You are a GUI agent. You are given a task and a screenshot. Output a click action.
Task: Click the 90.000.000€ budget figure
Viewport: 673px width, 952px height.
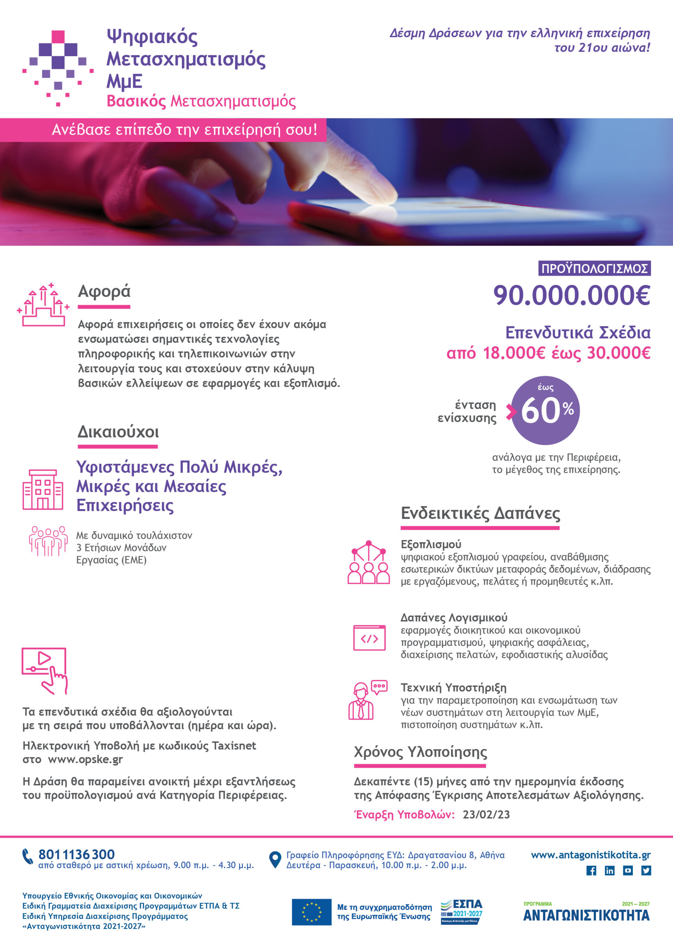(x=571, y=296)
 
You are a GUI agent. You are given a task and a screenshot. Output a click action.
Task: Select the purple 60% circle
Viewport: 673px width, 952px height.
(x=545, y=411)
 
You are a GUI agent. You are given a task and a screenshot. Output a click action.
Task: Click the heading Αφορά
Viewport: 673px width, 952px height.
(x=104, y=291)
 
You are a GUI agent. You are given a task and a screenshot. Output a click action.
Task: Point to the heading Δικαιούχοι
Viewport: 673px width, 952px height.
(x=118, y=432)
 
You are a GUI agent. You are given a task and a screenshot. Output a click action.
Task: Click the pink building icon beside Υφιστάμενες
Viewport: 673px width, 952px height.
(x=43, y=489)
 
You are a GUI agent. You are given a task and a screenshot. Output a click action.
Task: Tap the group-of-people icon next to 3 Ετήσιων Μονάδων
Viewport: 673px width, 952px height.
(x=48, y=541)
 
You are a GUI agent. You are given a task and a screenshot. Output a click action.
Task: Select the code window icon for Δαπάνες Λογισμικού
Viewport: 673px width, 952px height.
(x=369, y=638)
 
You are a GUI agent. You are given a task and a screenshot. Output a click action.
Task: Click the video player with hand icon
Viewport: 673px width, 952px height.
(x=44, y=670)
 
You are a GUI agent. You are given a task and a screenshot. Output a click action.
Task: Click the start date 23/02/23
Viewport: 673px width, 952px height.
(x=486, y=814)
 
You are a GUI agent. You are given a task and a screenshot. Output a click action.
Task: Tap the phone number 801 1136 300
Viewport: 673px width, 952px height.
(x=76, y=854)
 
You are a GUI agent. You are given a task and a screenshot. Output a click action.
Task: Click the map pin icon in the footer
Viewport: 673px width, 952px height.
(x=275, y=859)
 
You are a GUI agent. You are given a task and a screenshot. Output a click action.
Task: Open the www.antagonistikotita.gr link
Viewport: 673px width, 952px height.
(x=590, y=855)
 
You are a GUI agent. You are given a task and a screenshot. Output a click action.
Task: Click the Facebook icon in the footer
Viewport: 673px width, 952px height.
(x=591, y=870)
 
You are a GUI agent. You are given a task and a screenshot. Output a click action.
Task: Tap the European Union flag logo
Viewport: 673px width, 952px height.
(x=312, y=912)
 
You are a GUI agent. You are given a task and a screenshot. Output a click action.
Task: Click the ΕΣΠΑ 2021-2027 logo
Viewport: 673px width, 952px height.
(x=461, y=911)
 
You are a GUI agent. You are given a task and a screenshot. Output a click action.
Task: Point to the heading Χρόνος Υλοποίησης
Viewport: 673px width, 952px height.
(x=420, y=752)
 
